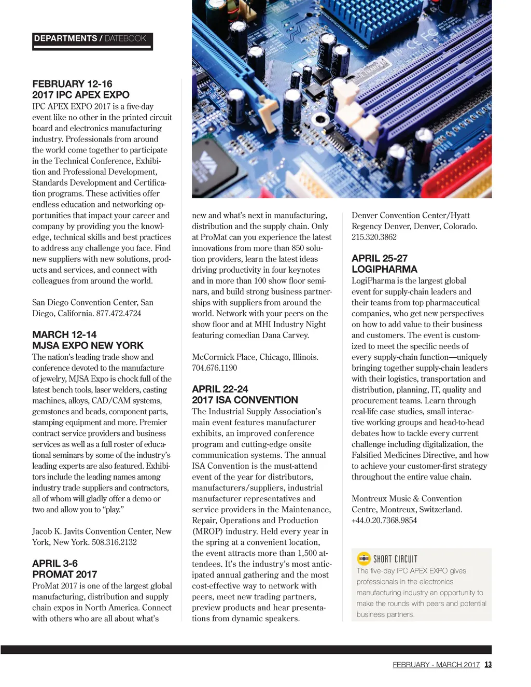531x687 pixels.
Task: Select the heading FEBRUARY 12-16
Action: coord(72,84)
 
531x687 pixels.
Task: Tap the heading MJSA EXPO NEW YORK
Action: coord(88,345)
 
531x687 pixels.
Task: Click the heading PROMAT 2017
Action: coord(64,574)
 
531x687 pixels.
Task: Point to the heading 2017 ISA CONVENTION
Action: coord(245,400)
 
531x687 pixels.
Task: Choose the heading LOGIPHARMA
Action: coord(384,269)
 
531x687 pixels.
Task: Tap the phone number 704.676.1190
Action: coord(214,368)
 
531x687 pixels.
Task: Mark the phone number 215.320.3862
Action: coord(374,237)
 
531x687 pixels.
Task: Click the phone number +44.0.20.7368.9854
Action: coord(384,520)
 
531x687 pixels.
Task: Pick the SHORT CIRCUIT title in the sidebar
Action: coord(395,559)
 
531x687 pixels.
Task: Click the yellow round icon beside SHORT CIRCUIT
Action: coord(364,558)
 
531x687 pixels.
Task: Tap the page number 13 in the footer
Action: coord(488,664)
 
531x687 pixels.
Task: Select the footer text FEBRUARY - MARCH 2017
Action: coord(436,665)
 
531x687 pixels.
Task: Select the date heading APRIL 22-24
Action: coord(220,389)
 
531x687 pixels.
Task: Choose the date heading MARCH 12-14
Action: coord(64,334)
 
